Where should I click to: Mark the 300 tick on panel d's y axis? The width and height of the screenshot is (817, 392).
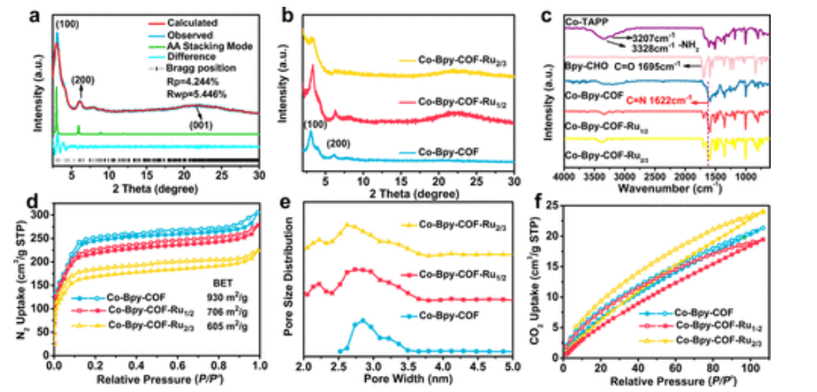[x=41, y=216]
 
